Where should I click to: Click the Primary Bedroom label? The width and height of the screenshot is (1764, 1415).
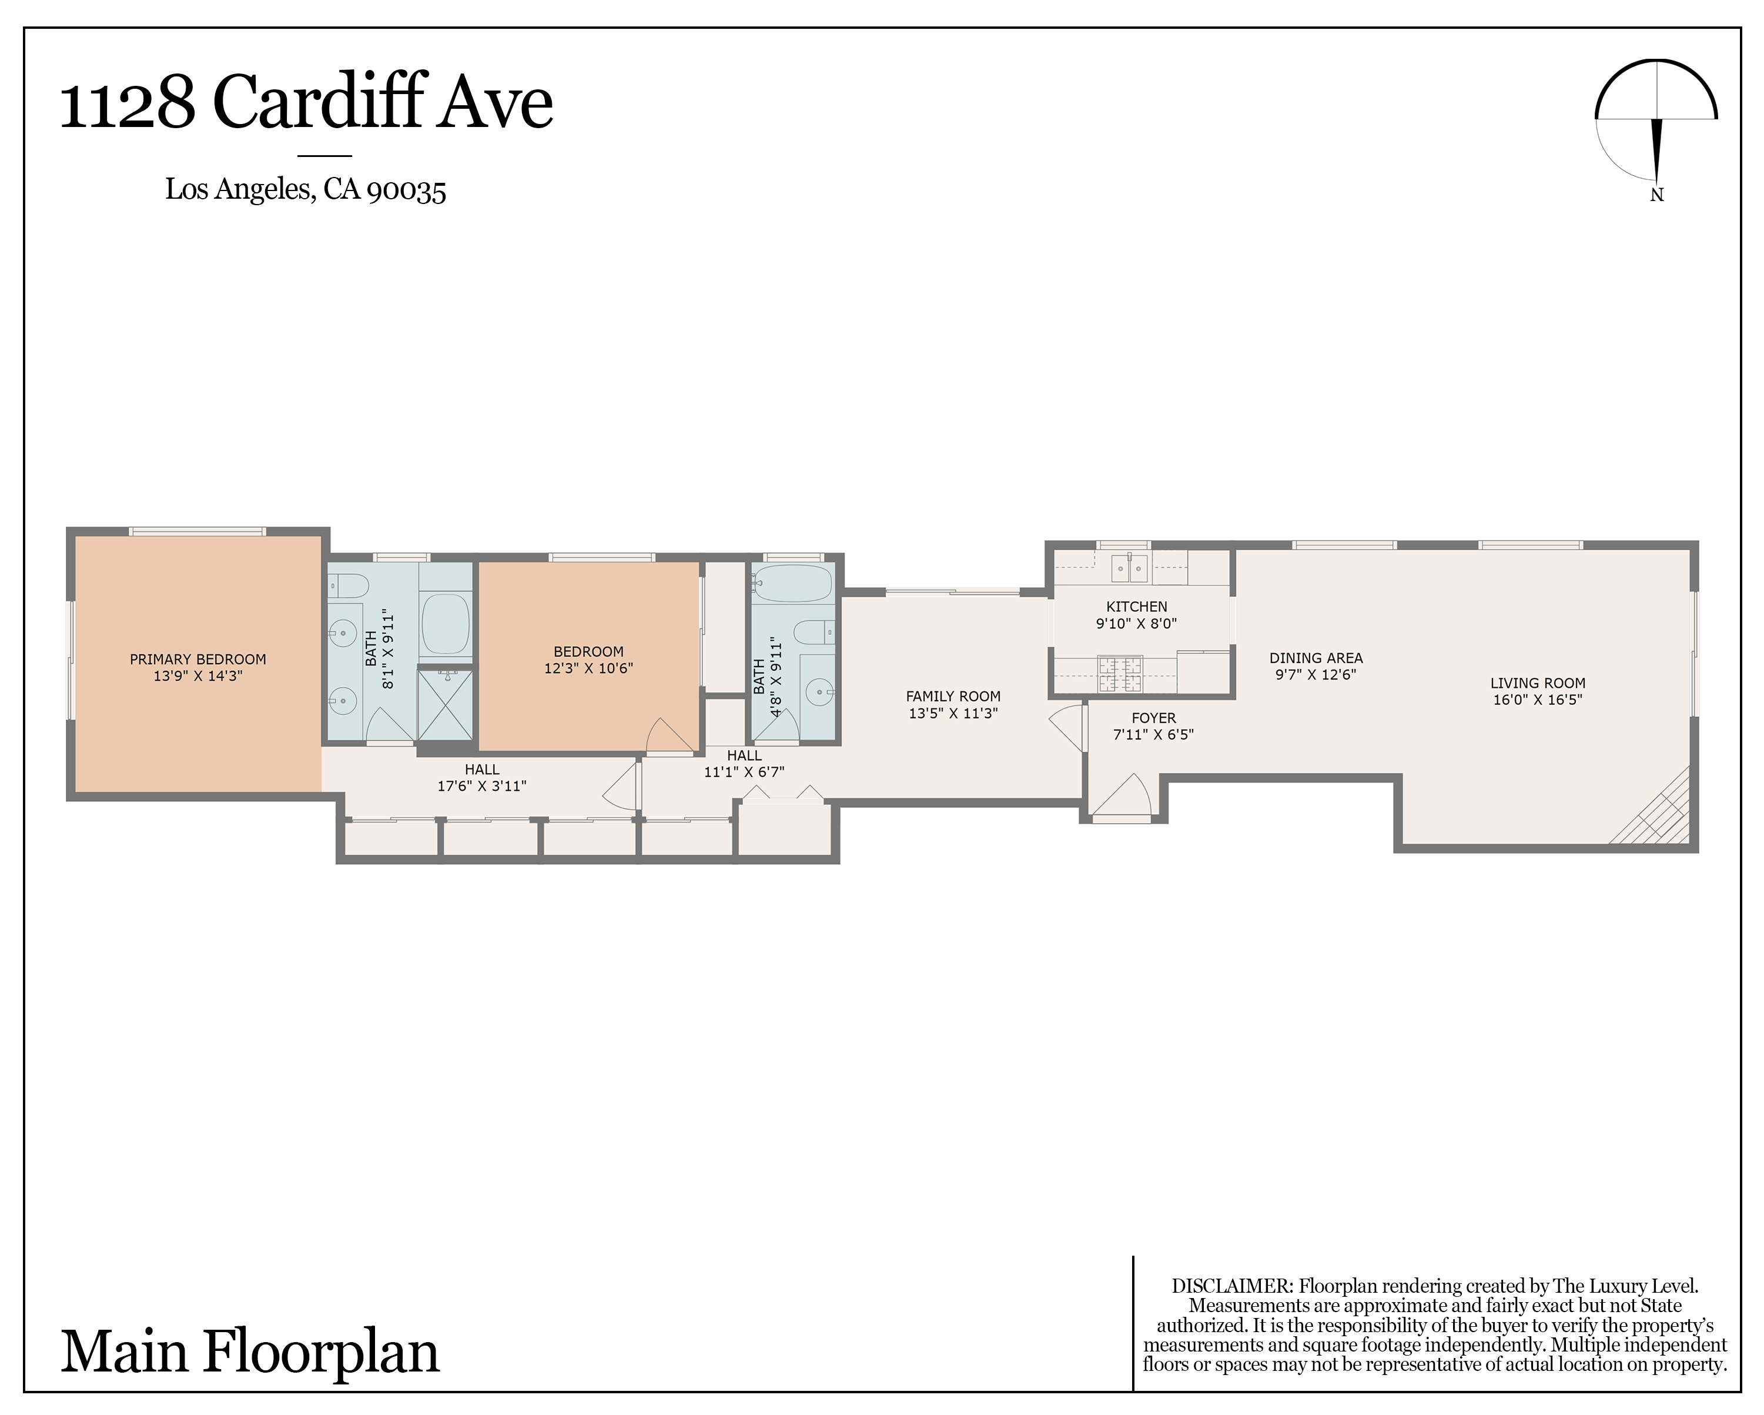[x=198, y=659]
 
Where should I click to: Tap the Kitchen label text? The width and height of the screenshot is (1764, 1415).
[x=1136, y=607]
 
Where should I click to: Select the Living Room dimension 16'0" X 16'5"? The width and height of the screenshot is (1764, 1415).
[x=1537, y=700]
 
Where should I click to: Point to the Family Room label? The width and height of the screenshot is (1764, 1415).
[x=953, y=697]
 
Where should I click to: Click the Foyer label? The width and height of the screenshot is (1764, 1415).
[x=1154, y=718]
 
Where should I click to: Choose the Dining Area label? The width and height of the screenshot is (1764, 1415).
[x=1316, y=658]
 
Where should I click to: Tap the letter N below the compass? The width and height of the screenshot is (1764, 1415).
[x=1657, y=195]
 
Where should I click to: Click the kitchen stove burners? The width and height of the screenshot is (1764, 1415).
[x=1119, y=674]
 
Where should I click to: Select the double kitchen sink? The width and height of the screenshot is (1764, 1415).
[x=1130, y=567]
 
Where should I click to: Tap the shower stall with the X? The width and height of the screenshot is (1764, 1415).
[x=445, y=705]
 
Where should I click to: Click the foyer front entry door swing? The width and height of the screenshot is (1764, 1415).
[x=1122, y=794]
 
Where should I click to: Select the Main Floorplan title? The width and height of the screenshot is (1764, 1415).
[x=250, y=1352]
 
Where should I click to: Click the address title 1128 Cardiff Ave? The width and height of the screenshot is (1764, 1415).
[x=306, y=102]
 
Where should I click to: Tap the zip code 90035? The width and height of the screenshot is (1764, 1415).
[x=407, y=190]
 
